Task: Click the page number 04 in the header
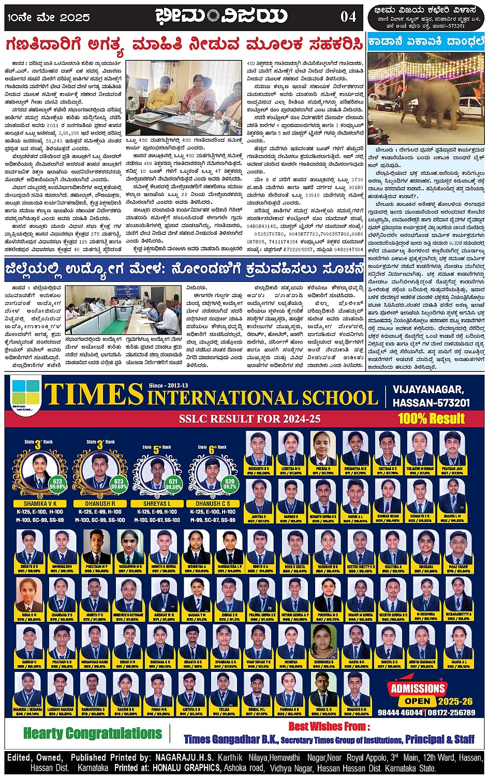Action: [x=348, y=17]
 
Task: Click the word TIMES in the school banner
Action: [x=94, y=395]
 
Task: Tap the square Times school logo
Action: [x=25, y=394]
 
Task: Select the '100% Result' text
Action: [x=431, y=418]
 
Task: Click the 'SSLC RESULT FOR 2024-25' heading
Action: [x=250, y=418]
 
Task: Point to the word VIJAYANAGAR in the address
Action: [x=428, y=389]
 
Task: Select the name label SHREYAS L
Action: [x=157, y=503]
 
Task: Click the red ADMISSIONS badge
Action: [x=418, y=688]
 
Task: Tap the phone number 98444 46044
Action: [x=401, y=712]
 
